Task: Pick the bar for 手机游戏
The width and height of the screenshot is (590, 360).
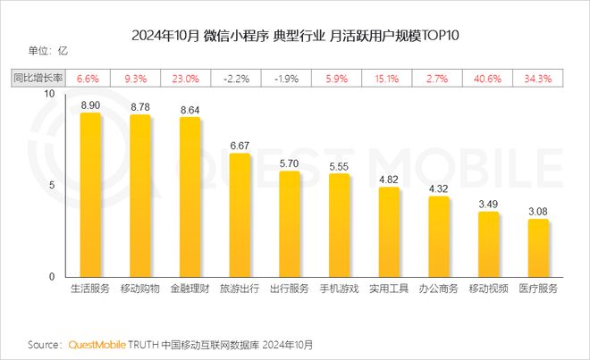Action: click(339, 225)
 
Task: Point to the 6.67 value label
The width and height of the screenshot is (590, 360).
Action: click(240, 146)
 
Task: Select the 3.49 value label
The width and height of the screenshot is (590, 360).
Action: click(488, 205)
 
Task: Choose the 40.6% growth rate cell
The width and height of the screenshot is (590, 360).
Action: click(488, 78)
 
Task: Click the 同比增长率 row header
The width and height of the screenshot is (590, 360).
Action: click(37, 78)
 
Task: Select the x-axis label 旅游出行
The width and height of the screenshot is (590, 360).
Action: click(240, 289)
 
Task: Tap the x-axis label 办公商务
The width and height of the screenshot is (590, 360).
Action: click(438, 289)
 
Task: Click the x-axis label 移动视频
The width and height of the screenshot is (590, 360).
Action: click(488, 289)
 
